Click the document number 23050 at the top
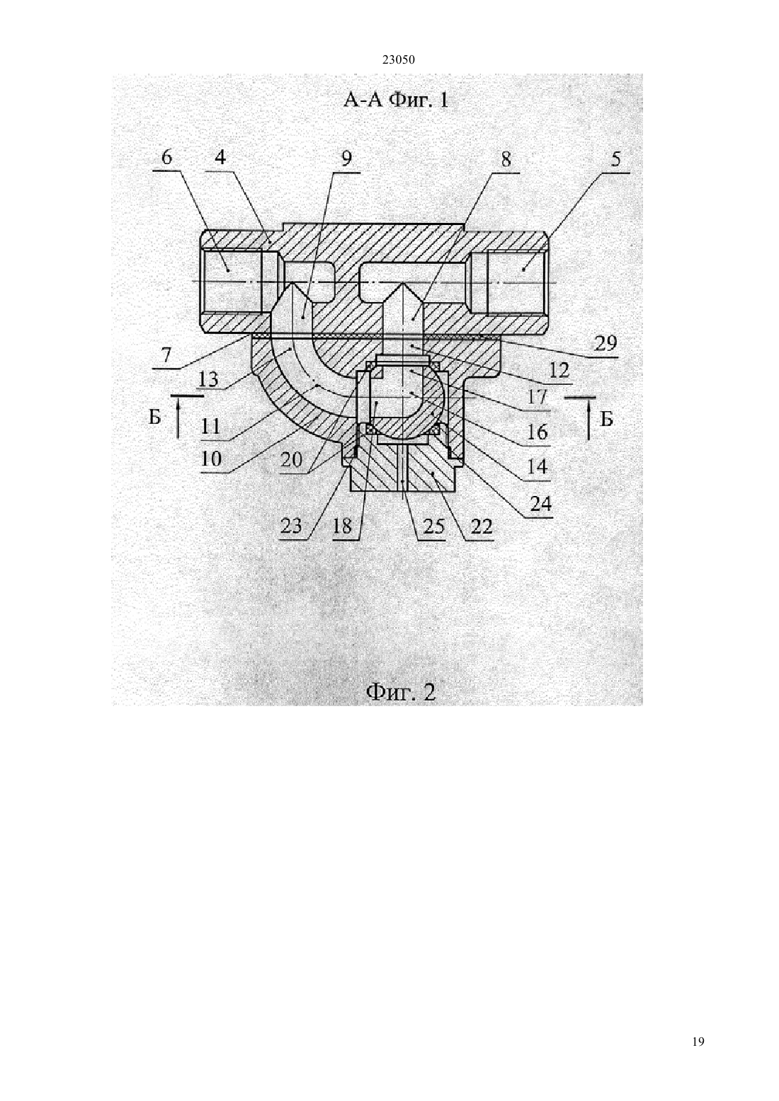click(x=398, y=60)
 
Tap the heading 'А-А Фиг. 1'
click(x=395, y=100)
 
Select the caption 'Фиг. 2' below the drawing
click(x=400, y=693)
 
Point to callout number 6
click(x=166, y=158)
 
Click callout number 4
click(x=220, y=158)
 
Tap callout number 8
click(x=506, y=159)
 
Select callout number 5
click(x=615, y=159)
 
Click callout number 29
click(x=605, y=343)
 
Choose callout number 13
click(x=208, y=379)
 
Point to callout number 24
click(x=540, y=503)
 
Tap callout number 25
click(x=433, y=526)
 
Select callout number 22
click(x=482, y=526)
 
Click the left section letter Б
click(x=155, y=417)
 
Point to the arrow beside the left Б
click(x=178, y=417)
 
